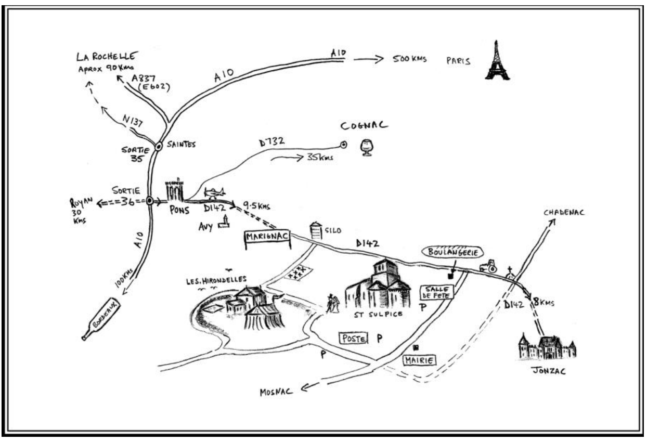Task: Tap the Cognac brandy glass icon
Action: click(x=366, y=148)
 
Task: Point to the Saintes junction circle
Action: click(x=159, y=147)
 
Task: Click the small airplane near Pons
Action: click(x=214, y=193)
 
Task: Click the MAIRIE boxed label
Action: click(x=419, y=360)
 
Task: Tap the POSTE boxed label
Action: click(x=353, y=339)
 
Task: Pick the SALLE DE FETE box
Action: click(x=437, y=292)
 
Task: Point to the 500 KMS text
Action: click(x=409, y=59)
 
